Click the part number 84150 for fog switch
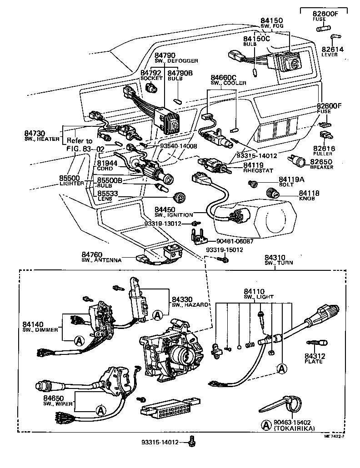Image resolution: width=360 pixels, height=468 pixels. [x=272, y=20]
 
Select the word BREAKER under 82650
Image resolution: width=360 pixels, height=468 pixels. [x=322, y=167]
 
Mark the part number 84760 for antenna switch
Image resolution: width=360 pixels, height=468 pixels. [x=92, y=254]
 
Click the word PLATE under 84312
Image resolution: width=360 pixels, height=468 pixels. [x=314, y=361]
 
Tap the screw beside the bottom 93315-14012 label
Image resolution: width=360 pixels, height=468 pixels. [x=192, y=440]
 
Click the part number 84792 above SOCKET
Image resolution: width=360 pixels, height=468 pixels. [x=150, y=73]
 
